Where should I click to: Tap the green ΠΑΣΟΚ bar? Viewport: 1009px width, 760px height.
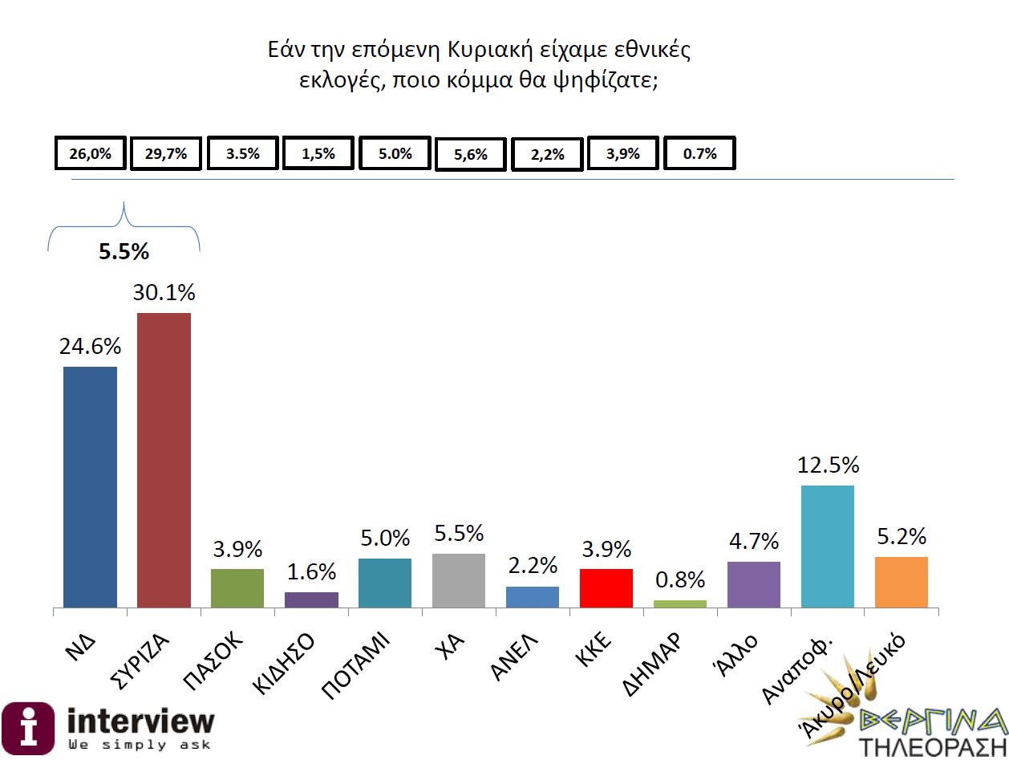tap(237, 588)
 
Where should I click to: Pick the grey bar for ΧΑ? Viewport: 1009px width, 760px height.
tap(459, 580)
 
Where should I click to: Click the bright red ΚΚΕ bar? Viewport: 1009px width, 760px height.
tap(606, 588)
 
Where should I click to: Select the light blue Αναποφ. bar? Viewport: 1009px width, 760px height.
tap(828, 547)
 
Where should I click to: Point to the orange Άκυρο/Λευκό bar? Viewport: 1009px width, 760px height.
tap(902, 582)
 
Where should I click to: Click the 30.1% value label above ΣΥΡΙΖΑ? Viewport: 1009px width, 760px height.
tap(164, 293)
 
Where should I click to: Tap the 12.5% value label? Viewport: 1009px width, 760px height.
tap(828, 465)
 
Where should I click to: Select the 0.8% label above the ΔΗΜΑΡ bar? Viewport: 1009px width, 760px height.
tap(680, 579)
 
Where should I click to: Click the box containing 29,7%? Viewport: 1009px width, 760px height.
tap(166, 154)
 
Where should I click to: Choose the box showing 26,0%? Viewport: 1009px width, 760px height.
tap(90, 154)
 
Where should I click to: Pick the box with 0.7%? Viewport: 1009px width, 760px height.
tap(699, 154)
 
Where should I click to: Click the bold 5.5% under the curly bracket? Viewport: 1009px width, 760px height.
tap(124, 252)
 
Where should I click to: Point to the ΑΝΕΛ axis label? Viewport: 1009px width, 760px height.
tap(513, 656)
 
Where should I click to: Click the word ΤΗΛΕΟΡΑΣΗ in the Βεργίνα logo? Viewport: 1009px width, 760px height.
tap(933, 746)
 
